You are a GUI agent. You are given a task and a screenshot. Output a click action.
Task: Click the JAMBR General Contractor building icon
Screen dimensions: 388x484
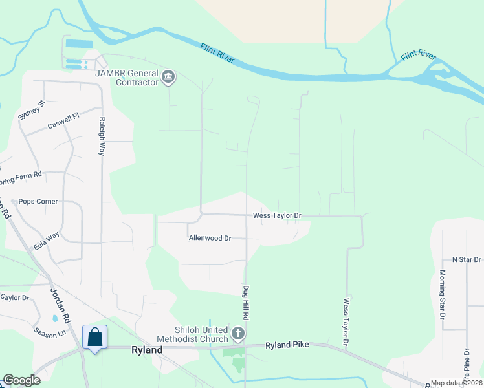(168, 78)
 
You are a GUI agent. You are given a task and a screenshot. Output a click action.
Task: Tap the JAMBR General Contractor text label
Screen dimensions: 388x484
(127, 78)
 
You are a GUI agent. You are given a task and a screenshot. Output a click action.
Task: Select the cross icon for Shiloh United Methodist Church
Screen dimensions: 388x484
(238, 334)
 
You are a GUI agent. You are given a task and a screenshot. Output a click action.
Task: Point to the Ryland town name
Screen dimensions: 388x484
(147, 349)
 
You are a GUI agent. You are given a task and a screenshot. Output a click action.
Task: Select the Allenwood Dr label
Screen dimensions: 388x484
(210, 238)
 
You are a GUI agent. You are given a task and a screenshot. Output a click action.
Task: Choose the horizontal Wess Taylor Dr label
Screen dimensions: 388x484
(277, 215)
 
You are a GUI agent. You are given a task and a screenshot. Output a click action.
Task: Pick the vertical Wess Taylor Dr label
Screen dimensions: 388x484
(347, 321)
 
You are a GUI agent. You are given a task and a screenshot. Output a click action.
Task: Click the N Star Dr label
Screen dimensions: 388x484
(467, 259)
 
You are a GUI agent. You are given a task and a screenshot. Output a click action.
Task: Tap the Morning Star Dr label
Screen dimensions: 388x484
(443, 295)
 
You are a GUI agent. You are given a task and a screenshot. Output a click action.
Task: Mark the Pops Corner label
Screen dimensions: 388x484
(38, 201)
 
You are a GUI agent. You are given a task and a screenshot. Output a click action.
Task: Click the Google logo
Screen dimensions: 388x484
(22, 380)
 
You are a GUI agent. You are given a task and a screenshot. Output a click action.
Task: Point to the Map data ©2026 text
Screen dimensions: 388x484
(457, 383)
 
